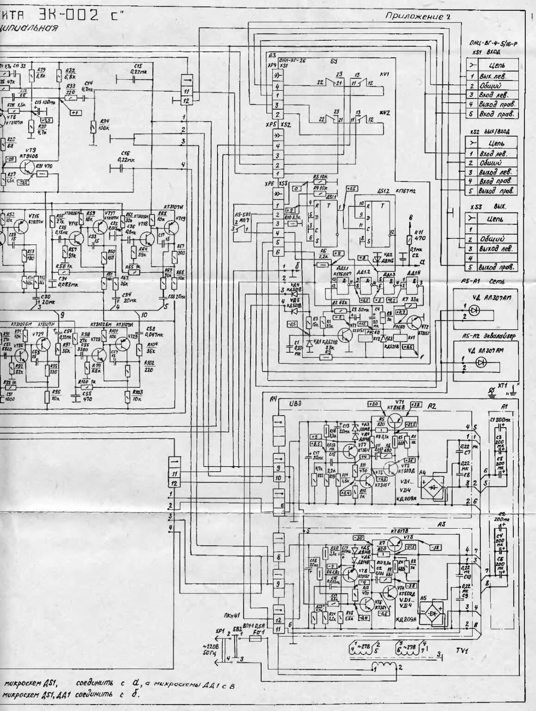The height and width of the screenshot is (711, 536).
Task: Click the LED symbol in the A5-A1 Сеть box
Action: click(x=474, y=311)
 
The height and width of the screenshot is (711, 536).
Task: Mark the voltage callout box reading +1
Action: click(x=75, y=112)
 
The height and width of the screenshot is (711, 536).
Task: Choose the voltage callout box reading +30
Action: click(x=374, y=404)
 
